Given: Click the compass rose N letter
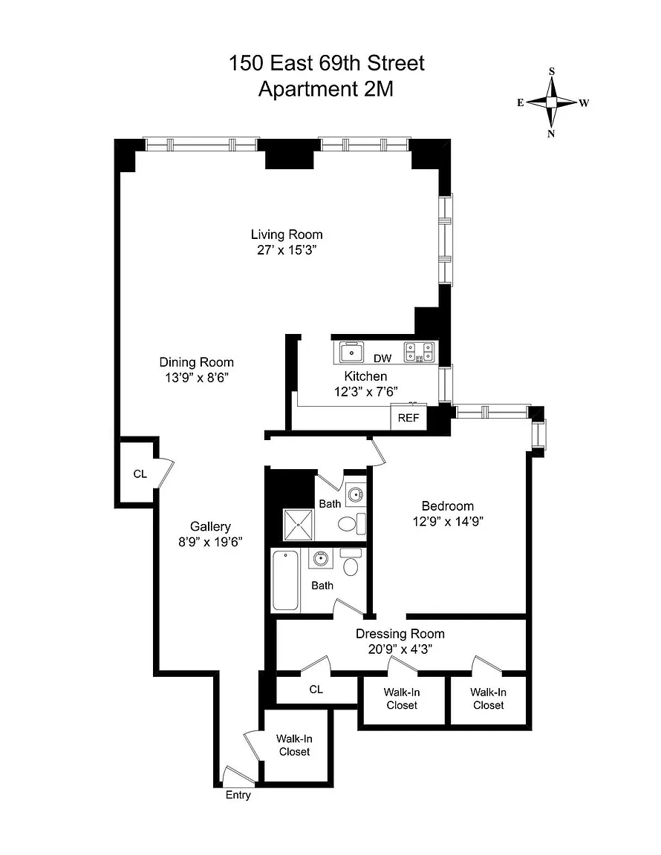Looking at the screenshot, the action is tap(551, 134).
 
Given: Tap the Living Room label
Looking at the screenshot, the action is tap(287, 235).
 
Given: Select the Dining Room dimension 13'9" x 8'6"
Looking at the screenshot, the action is tap(197, 377).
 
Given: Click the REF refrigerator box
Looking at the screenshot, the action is tap(408, 418).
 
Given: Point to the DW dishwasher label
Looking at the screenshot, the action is tap(382, 358).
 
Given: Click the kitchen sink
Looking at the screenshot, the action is tap(352, 353).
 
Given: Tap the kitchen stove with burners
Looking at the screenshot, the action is tap(419, 352).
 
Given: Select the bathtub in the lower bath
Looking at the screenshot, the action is tap(285, 580).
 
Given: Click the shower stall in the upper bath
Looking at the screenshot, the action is tap(299, 525).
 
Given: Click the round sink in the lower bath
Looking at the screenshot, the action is tap(320, 558).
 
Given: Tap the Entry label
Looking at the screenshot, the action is tap(238, 795).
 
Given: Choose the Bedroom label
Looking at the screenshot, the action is tap(448, 506).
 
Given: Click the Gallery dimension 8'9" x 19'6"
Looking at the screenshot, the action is tap(210, 542).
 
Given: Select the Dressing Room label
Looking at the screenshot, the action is tap(400, 634).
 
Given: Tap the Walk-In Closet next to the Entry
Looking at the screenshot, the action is tap(294, 745).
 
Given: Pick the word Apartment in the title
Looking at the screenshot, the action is tap(304, 89).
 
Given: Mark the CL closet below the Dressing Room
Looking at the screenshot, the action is tap(316, 689).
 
